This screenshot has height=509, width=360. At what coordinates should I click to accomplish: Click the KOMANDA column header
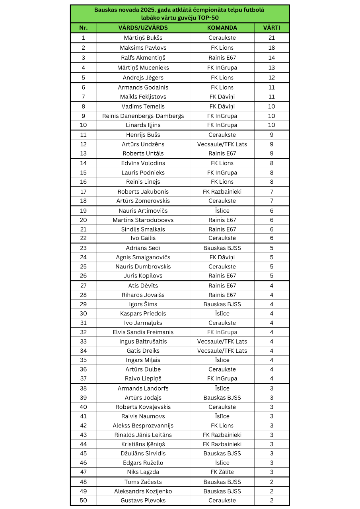pos(222,28)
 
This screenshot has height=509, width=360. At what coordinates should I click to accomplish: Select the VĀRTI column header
pos(272,28)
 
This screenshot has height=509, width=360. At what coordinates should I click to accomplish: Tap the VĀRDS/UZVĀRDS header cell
pos(143,28)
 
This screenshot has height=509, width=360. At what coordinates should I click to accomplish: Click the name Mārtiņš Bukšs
pos(143,38)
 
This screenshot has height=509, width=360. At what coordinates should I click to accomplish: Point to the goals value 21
pos(272,38)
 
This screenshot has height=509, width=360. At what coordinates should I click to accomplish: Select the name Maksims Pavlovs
pos(143,48)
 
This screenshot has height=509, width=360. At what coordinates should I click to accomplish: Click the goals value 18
pos(272,48)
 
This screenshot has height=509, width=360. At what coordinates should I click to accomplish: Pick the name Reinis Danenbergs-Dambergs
pos(143,116)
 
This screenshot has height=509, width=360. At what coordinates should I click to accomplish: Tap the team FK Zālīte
pos(222,472)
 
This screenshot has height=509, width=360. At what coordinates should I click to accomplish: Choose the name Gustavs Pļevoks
pos(143,500)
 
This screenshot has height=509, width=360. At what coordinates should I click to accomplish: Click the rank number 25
pos(83,266)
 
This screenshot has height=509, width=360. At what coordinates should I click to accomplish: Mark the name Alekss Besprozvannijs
pos(143,425)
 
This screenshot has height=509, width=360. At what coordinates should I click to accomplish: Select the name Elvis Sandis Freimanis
pos(143,332)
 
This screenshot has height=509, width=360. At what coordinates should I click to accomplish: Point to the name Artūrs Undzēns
pos(143,144)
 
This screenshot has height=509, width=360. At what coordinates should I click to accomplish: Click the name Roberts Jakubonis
pos(143,192)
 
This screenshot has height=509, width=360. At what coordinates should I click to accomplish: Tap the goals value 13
pos(272,68)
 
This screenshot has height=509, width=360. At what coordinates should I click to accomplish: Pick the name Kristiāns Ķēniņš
pos(143,444)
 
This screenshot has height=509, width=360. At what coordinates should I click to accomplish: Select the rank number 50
pos(83,500)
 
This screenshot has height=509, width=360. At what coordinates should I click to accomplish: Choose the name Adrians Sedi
pos(143,248)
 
